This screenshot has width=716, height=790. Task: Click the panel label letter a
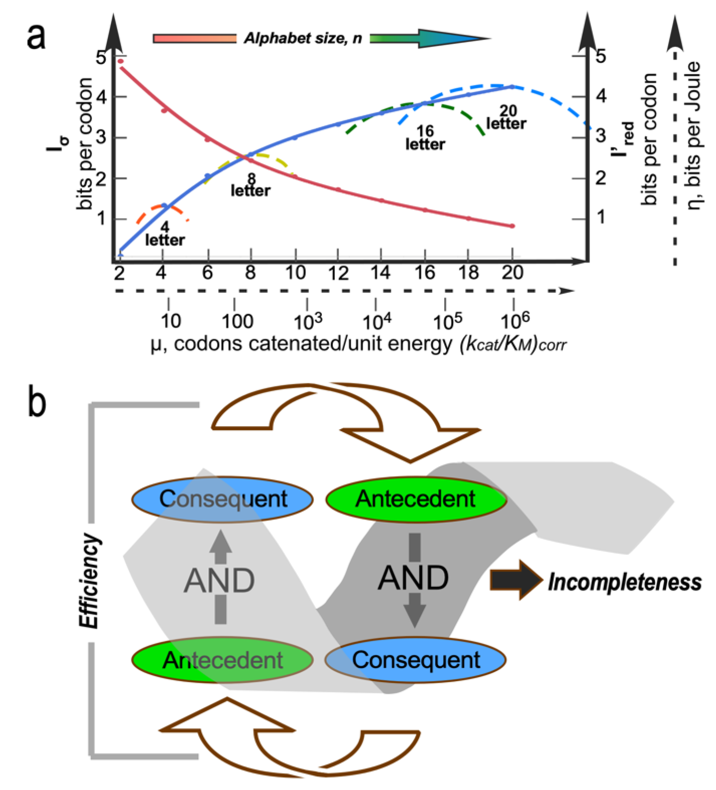tap(35, 37)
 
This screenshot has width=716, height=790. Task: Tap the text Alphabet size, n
tap(303, 38)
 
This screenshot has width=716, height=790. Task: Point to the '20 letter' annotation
tap(506, 118)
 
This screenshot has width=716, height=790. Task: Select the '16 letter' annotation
tap(425, 138)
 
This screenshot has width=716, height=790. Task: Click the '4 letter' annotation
tap(165, 234)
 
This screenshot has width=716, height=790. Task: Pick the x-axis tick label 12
tap(338, 273)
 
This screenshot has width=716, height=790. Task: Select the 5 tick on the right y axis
tap(601, 56)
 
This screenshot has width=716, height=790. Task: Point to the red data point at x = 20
tap(512, 226)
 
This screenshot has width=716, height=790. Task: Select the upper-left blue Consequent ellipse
tap(222, 499)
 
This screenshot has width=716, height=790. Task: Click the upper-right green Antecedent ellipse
tap(416, 499)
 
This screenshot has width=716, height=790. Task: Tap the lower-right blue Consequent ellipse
tap(416, 660)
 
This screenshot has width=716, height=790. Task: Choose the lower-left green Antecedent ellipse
tap(222, 661)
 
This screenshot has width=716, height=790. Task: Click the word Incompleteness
tap(624, 582)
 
